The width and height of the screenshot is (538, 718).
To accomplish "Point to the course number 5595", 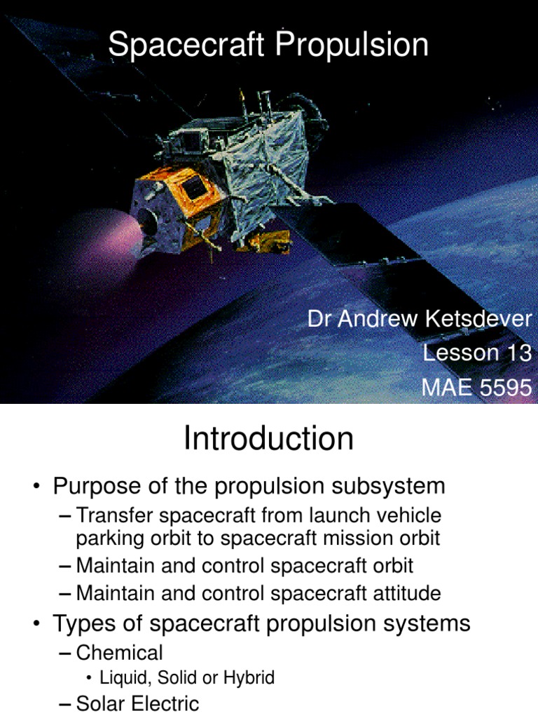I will (x=504, y=386).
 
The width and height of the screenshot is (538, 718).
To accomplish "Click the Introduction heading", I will (x=269, y=440).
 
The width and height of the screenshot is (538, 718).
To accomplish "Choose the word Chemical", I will (x=120, y=653).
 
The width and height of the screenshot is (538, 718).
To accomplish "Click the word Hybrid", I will (x=249, y=678).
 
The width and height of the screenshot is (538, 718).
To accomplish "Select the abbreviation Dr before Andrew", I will (x=319, y=319).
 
